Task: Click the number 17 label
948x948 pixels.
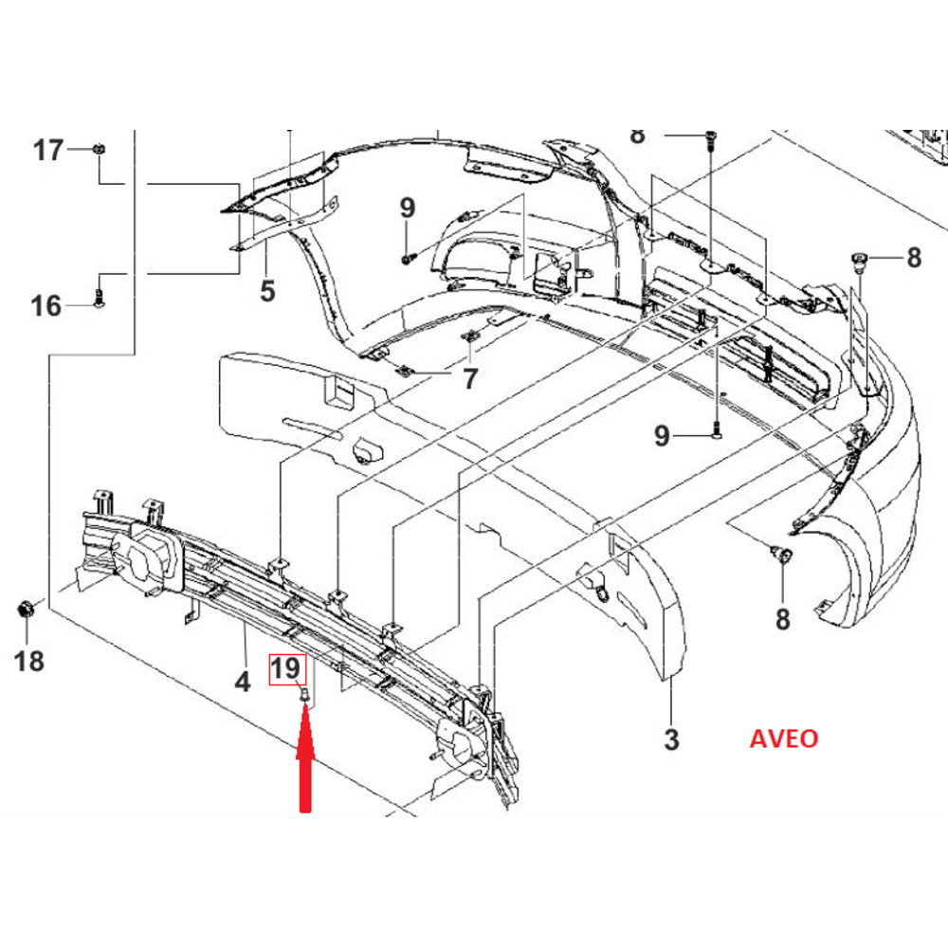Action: coord(47,150)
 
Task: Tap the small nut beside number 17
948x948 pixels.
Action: coord(100,149)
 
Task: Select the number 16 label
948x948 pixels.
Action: coord(46,306)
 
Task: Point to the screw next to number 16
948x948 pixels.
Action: coord(100,303)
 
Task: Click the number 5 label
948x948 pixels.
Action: coord(267,290)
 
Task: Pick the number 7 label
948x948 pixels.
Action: coord(470,380)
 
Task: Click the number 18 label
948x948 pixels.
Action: coord(30,661)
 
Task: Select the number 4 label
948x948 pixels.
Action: coord(243,681)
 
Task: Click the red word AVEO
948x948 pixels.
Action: coord(783,738)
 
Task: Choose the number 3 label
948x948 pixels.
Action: coord(671,738)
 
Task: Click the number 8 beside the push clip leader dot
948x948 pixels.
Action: coord(913,258)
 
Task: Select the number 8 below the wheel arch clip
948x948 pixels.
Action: coord(782,620)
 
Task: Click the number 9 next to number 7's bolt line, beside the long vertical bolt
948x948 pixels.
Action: coord(662,436)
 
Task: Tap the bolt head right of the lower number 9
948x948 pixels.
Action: coord(716,433)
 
